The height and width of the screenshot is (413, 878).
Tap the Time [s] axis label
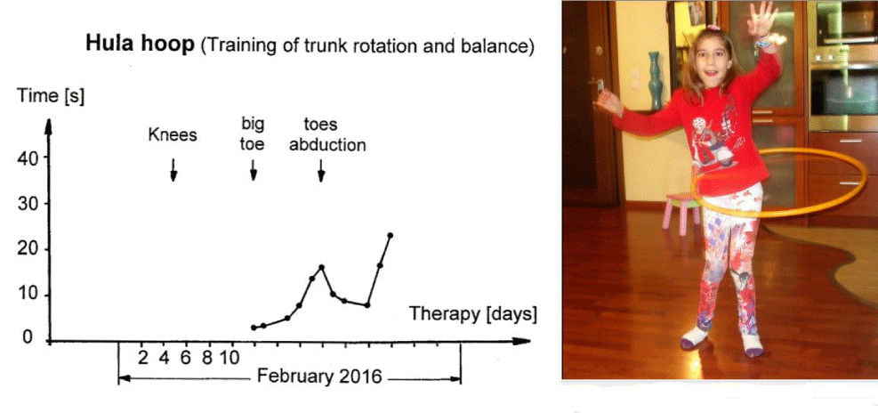pyautogui.click(x=50, y=96)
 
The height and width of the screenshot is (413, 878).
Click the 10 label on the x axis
pyautogui.click(x=230, y=357)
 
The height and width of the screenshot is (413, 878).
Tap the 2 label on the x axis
pyautogui.click(x=143, y=357)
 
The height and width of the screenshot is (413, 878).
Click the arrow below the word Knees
pyautogui.click(x=173, y=170)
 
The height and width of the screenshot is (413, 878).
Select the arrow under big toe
pyautogui.click(x=254, y=170)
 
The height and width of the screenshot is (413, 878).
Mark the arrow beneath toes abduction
pyautogui.click(x=321, y=170)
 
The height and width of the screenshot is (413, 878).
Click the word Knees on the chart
pyautogui.click(x=173, y=135)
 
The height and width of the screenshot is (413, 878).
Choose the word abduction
pyautogui.click(x=327, y=145)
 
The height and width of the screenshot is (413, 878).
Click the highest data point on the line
pyautogui.click(x=391, y=235)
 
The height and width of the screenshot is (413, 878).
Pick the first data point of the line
pyautogui.click(x=254, y=328)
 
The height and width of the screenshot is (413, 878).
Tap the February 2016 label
pyautogui.click(x=319, y=376)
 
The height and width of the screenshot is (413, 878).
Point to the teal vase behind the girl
pyautogui.click(x=655, y=81)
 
